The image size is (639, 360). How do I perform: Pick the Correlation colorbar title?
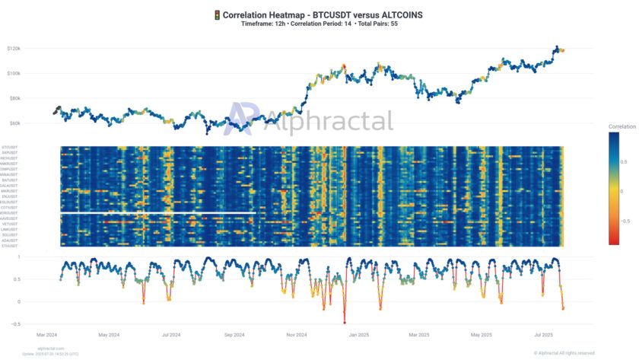pyautogui.click(x=621, y=126)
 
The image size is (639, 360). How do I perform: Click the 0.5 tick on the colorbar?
pyautogui.click(x=625, y=161)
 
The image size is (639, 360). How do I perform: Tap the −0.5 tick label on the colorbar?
pyautogui.click(x=627, y=220)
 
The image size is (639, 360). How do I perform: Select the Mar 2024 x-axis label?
pyautogui.click(x=46, y=334)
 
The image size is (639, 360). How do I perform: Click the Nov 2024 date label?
pyautogui.click(x=295, y=334)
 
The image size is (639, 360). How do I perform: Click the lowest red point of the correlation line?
pyautogui.click(x=345, y=322)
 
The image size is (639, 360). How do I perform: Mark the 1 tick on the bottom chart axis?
pyautogui.click(x=40, y=257)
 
